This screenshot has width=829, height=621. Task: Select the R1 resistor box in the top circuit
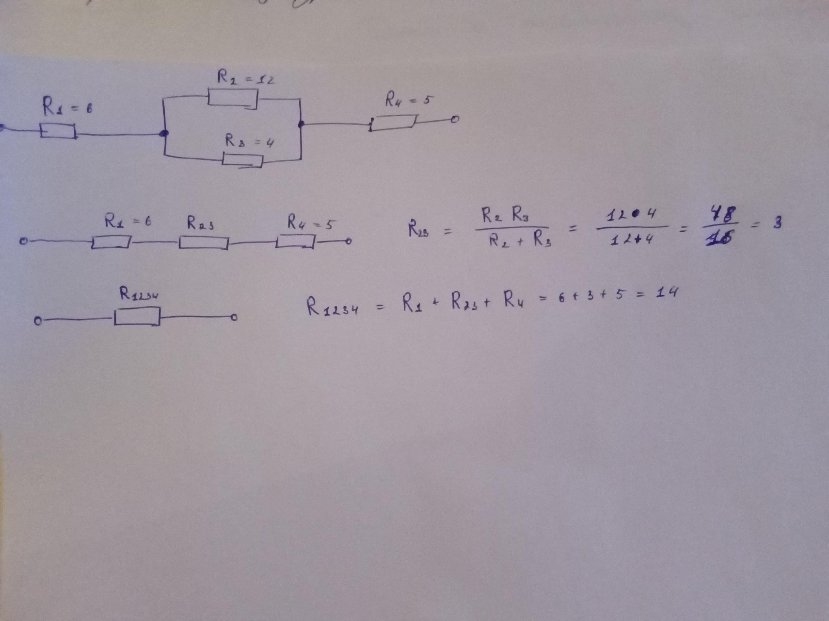coord(58,131)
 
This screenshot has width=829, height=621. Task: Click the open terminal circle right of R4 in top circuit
coord(455,120)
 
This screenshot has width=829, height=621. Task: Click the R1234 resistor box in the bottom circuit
coord(137,316)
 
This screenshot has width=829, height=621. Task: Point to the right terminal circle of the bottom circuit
coord(234,318)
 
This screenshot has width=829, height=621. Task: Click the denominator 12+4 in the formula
coord(632,239)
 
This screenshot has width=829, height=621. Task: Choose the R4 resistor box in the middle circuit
coord(296,241)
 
